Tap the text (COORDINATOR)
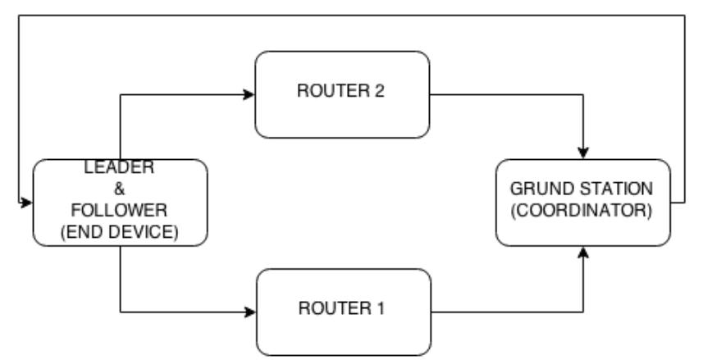coord(583,210)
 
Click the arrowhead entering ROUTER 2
coord(249,94)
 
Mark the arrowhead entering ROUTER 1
coord(249,312)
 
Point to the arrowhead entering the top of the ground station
coord(583,154)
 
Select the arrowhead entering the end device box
coord(26,202)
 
